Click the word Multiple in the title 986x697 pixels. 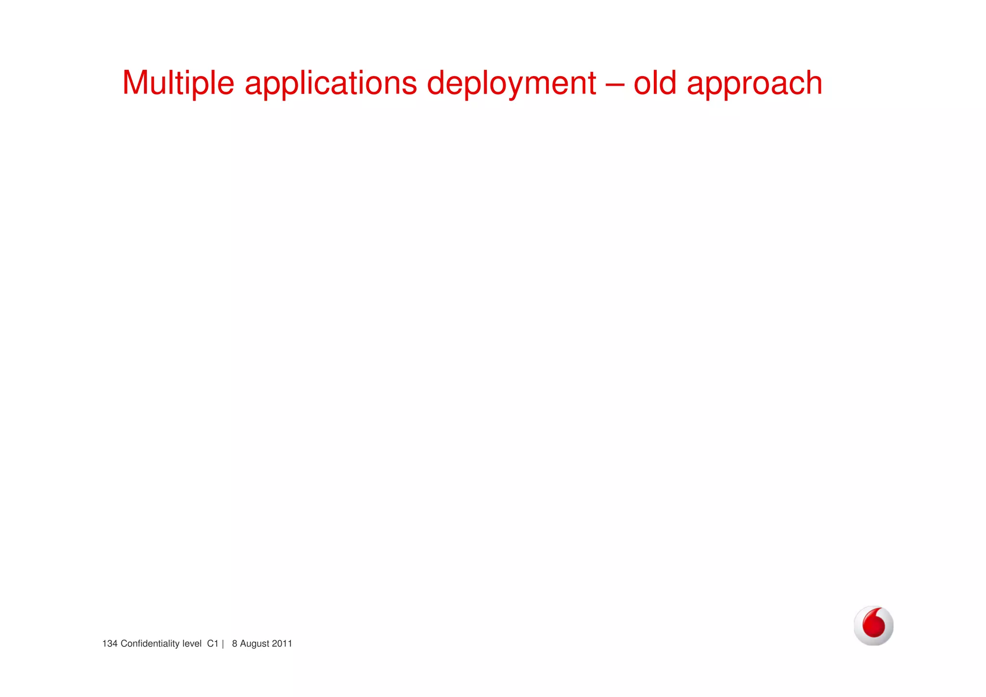pyautogui.click(x=178, y=83)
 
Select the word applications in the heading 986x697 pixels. pyautogui.click(x=331, y=83)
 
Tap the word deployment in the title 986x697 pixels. pyautogui.click(x=511, y=83)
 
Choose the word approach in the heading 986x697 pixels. pyautogui.click(x=754, y=83)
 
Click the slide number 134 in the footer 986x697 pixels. pyautogui.click(x=110, y=644)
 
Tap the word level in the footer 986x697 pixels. pyautogui.click(x=192, y=644)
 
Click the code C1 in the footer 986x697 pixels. pyautogui.click(x=212, y=644)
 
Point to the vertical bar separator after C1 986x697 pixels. pyautogui.click(x=223, y=644)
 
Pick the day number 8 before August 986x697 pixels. pyautogui.click(x=234, y=644)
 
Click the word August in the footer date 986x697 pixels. pyautogui.click(x=254, y=644)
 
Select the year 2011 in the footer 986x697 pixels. pyautogui.click(x=282, y=644)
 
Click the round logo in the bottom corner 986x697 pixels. pyautogui.click(x=873, y=626)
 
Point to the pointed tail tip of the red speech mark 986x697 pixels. pyautogui.click(x=882, y=610)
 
